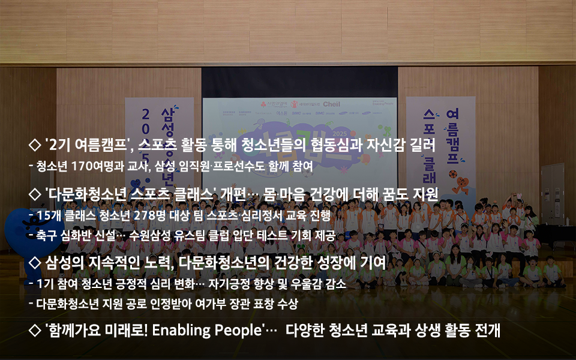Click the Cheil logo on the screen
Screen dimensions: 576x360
331,104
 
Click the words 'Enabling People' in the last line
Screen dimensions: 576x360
206,330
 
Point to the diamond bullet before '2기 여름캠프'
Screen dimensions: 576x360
35,145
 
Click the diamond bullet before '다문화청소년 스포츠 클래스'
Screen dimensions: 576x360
35,194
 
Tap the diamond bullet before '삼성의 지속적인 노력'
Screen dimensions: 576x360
35,262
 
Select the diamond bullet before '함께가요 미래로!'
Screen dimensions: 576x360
35,330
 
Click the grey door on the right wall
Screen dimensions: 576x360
553,194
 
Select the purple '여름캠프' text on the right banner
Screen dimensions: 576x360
452,136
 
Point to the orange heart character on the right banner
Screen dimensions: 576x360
461,186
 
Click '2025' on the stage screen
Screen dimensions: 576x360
340,134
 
